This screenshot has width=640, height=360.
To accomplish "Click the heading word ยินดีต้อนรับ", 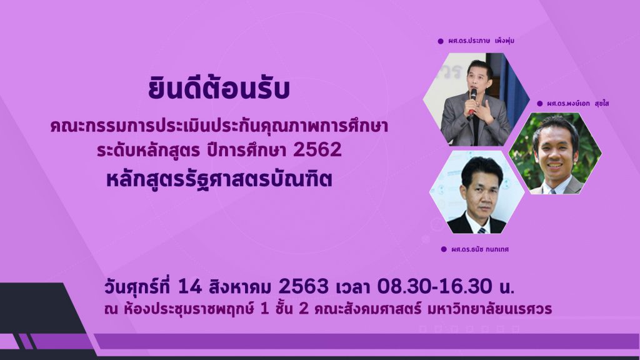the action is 219,89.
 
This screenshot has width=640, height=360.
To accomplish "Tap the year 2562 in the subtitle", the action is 317,150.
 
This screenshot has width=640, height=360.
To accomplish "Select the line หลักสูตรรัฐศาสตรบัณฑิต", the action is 219,179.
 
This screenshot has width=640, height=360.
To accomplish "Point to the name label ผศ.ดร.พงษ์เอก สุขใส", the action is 578,103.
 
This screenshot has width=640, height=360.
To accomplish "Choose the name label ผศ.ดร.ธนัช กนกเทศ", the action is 480,249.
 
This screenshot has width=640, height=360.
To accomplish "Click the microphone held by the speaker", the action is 472,99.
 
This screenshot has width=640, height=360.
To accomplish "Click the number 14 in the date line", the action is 190,286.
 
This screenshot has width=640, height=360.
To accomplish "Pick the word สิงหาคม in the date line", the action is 239,286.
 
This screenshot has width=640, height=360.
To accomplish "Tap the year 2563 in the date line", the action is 303,286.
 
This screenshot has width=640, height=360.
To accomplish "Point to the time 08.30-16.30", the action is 435,286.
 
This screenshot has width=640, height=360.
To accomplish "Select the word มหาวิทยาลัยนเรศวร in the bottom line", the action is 489,309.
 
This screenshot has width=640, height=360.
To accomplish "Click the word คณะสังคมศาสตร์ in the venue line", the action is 367,309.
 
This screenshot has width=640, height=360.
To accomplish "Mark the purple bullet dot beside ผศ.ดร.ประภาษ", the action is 441,41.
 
